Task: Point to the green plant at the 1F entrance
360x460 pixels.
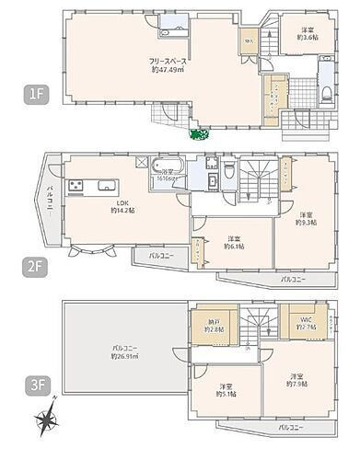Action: (x=196, y=135)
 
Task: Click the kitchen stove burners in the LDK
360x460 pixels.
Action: (x=73, y=188)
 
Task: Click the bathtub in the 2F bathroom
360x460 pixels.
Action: (x=168, y=169)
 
